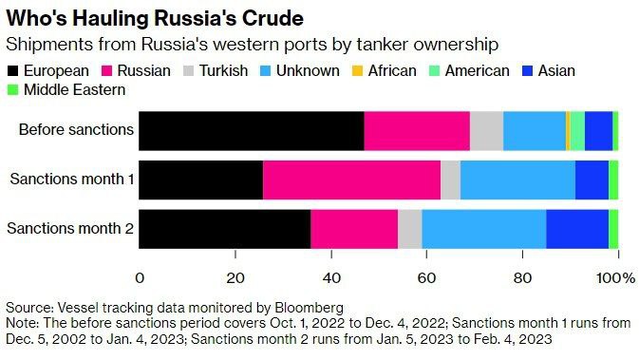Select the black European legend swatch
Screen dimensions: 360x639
coord(13,70)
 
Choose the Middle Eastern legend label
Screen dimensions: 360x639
coord(73,89)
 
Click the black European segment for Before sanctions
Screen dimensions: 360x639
coord(252,130)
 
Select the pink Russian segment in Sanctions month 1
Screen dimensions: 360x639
coord(351,180)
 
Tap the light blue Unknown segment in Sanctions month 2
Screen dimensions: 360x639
coord(483,229)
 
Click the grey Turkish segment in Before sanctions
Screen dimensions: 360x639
coord(486,130)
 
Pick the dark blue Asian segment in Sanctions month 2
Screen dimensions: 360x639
coord(577,229)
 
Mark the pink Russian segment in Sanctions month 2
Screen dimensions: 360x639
coord(354,229)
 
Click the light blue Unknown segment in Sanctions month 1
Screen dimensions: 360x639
coord(517,180)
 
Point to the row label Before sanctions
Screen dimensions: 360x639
coord(76,130)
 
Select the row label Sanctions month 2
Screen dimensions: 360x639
coord(70,229)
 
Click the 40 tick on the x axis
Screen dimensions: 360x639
coord(331,276)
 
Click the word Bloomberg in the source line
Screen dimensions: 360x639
coord(310,309)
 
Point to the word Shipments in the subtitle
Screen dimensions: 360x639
coord(43,45)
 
